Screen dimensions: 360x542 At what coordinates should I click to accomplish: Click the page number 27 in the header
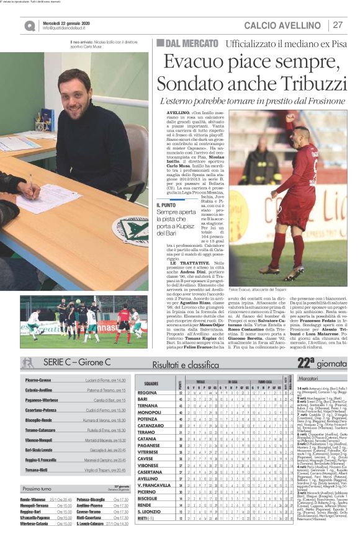pos(338,25)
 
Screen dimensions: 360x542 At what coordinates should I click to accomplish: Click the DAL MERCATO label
pos(184,43)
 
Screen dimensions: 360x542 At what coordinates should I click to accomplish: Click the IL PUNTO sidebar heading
pos(166,204)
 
